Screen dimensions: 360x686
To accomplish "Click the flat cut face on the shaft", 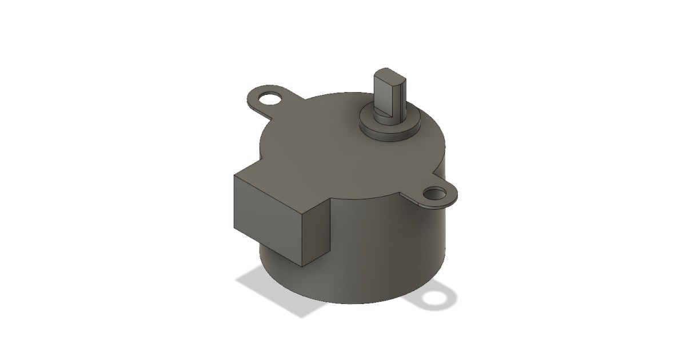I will tap(394, 94).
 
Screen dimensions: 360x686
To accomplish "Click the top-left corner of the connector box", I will tap(234, 175).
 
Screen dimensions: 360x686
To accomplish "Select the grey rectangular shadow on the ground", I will tap(274, 291).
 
